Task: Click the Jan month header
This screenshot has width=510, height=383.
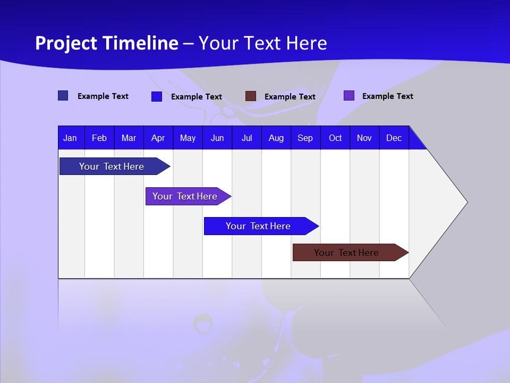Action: pos(70,138)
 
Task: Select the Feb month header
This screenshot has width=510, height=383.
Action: pos(99,138)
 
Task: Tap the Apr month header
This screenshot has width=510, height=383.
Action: pos(158,138)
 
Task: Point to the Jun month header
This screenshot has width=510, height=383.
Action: pos(217,138)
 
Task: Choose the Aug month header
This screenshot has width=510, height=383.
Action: pos(276,138)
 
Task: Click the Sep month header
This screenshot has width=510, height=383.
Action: pos(305,138)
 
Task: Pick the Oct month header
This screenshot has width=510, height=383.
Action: pos(335,138)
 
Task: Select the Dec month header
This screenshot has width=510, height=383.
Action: pos(394,138)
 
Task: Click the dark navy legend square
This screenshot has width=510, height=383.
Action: pos(63,96)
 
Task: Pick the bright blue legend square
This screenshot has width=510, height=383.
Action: pos(157,96)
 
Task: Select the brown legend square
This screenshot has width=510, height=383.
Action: pos(251,96)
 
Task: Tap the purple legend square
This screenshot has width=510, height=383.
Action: pos(349,96)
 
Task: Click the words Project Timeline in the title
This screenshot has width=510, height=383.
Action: pos(107,43)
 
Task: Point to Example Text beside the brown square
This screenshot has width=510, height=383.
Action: pos(290,97)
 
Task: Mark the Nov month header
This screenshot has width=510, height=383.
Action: pos(364,138)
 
